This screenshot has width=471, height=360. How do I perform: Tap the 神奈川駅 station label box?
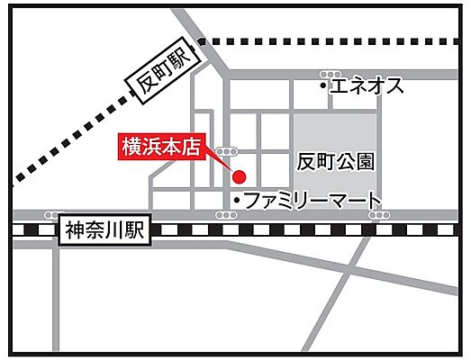[x=105, y=231]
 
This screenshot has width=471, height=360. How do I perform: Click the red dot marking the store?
[x=240, y=175]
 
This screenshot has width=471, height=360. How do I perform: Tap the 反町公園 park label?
[x=335, y=162]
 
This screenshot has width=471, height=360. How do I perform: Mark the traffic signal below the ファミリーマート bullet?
[x=224, y=214]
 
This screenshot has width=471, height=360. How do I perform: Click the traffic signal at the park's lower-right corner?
[x=381, y=215]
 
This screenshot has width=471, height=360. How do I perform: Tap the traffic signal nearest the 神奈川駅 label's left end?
[x=50, y=215]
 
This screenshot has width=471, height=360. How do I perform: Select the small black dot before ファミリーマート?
[x=237, y=199]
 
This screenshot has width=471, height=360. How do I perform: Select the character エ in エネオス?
[x=340, y=86]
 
